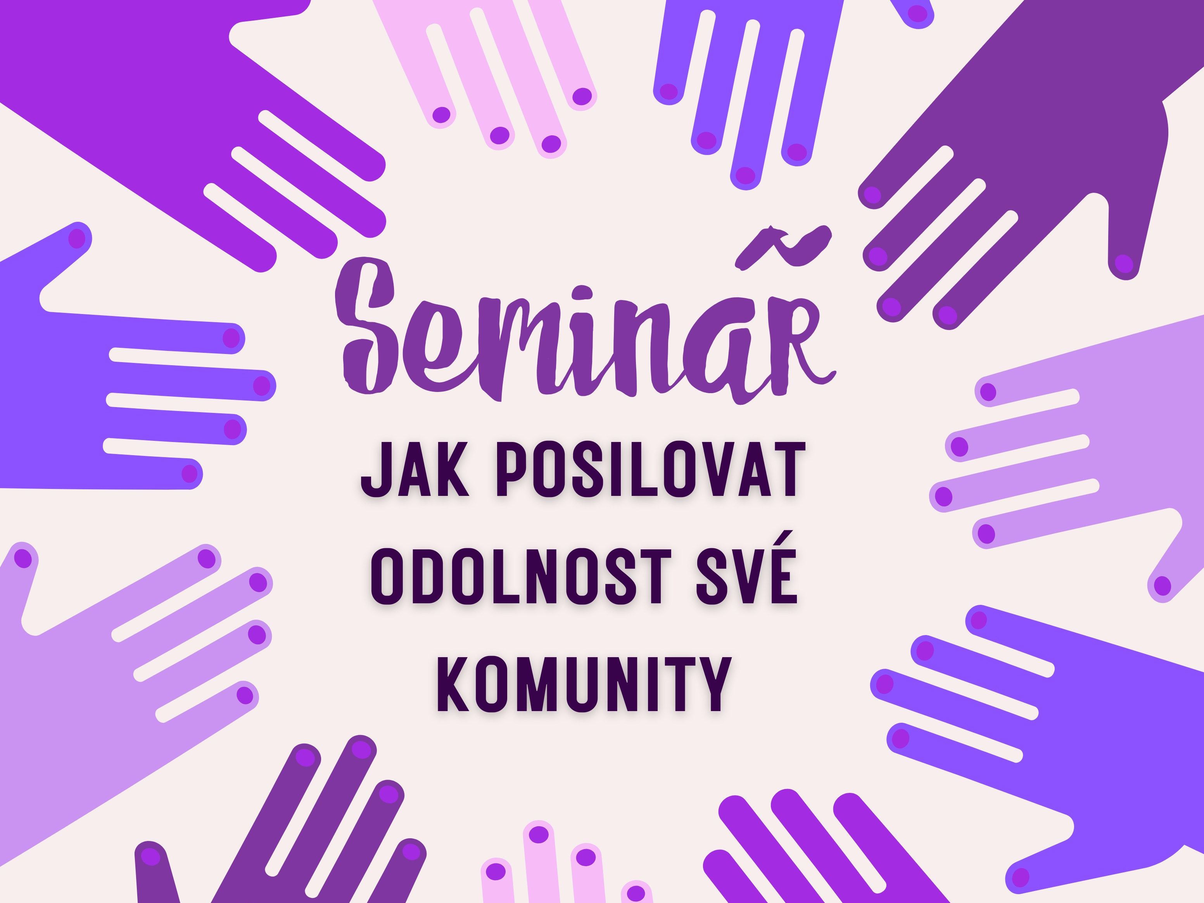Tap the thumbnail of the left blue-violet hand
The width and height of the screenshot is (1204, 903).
tap(76, 238)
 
